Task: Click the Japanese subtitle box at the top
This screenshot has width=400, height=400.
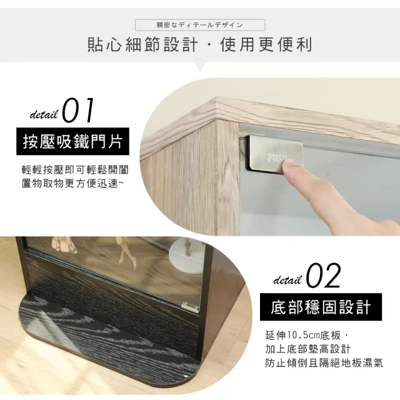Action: tap(200, 25)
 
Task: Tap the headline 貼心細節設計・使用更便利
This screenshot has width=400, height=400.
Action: tap(200, 44)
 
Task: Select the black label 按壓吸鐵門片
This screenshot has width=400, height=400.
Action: tap(72, 142)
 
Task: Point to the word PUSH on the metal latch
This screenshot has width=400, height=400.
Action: tap(277, 158)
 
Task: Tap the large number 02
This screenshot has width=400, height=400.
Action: tap(323, 276)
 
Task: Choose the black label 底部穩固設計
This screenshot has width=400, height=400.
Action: tap(321, 307)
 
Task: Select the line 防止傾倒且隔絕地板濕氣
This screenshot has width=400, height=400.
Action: tap(324, 363)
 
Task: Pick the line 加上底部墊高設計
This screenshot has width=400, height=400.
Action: tap(308, 349)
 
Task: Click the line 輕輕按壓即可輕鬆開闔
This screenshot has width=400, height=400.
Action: tap(75, 169)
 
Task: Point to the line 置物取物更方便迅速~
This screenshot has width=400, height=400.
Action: tap(72, 183)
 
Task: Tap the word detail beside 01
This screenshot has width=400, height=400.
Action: tap(44, 114)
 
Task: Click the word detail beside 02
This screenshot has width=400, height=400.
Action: tap(287, 280)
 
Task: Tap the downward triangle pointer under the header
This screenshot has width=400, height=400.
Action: tap(201, 66)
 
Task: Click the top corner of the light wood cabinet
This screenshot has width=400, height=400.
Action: tap(216, 97)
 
